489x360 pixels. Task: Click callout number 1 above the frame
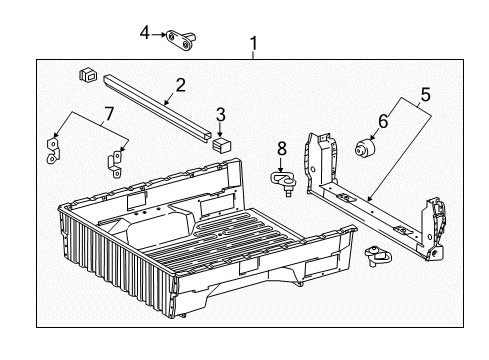coord(253,44)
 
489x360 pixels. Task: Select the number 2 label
coord(181,86)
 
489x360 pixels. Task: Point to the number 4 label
coord(145,34)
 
